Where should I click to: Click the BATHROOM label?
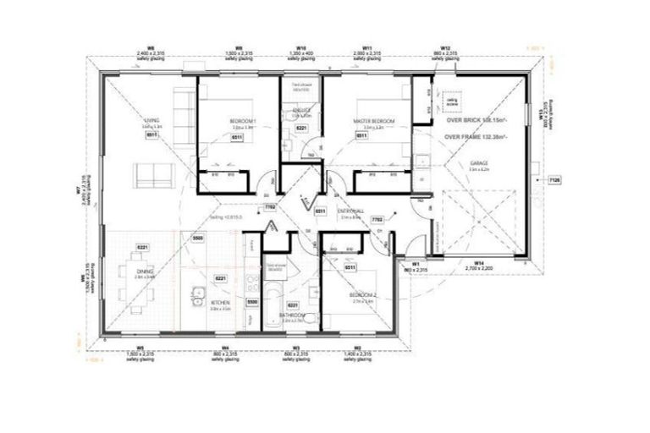[x=293, y=315]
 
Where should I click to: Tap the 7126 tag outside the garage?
[x=554, y=180]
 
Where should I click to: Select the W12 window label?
[x=443, y=48]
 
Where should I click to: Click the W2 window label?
[x=357, y=348]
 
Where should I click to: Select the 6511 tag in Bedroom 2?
[x=350, y=267]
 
